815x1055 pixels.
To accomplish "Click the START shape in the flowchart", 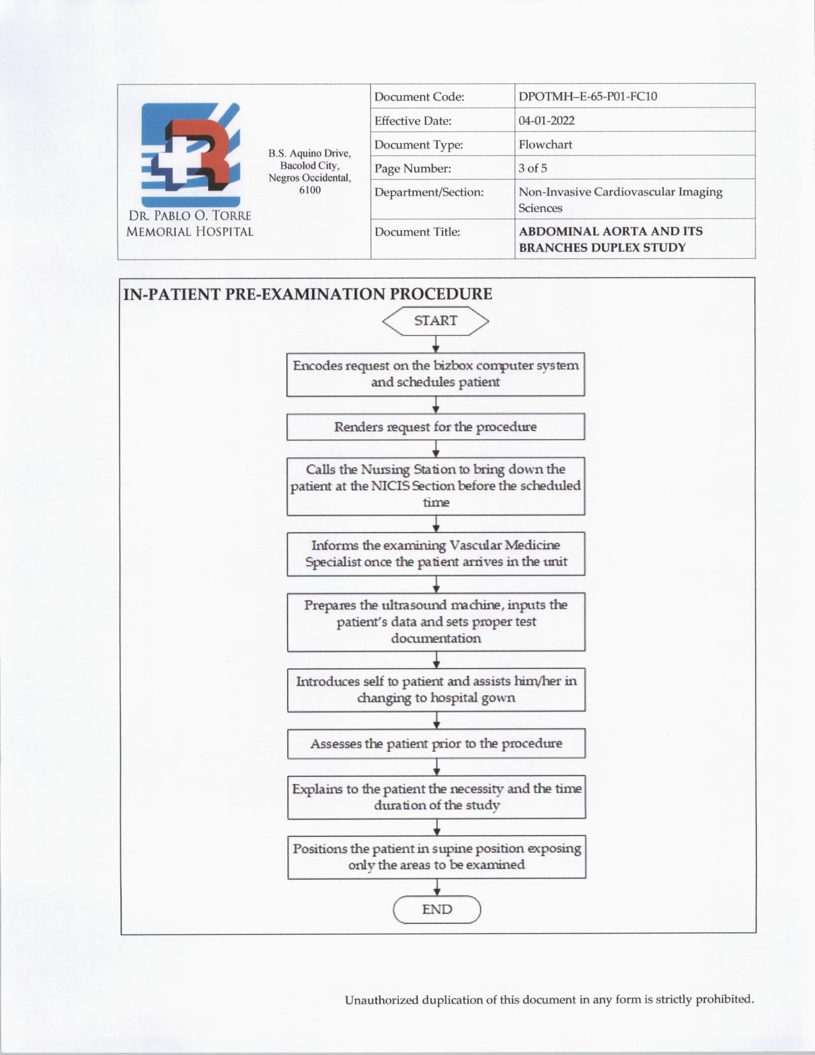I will [435, 321].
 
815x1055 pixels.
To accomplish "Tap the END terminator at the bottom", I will [437, 909].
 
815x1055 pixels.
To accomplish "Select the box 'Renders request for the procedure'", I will [435, 427].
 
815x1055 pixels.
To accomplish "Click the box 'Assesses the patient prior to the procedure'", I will [436, 744].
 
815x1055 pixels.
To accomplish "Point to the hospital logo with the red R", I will [190, 153].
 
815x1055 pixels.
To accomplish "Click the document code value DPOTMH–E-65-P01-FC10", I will [587, 97].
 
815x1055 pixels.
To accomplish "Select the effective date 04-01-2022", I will [546, 121].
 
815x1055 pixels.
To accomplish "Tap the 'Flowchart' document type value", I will [545, 145].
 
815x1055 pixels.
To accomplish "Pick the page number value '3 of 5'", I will [532, 168].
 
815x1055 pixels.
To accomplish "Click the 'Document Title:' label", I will [417, 231].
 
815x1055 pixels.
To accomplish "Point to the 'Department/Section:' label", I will [428, 192].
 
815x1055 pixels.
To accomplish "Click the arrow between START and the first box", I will [435, 345].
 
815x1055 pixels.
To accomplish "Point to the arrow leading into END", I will [437, 887].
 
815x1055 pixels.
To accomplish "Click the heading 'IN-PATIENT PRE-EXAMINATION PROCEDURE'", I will [307, 294].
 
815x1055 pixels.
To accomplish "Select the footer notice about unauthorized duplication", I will [549, 999].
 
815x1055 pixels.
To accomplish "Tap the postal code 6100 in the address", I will [309, 190].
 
